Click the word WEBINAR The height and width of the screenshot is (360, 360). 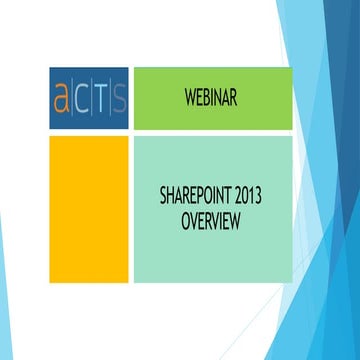212,97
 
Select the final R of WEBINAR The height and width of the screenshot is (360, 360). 234,97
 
